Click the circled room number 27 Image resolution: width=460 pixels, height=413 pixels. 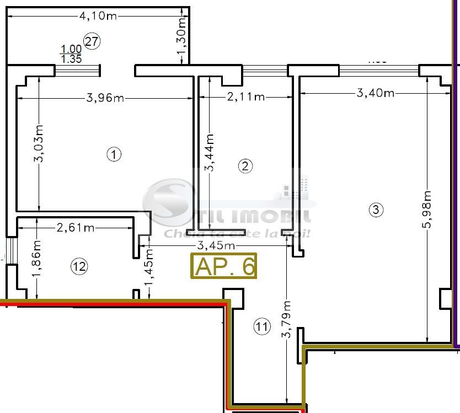tap(92, 40)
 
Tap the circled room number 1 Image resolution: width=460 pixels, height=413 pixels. tap(114, 154)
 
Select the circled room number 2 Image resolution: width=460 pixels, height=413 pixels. tap(245, 165)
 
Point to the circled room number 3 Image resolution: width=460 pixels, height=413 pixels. tap(376, 210)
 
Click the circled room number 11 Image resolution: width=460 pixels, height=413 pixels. tap(262, 327)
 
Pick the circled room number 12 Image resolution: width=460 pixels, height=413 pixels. tap(79, 267)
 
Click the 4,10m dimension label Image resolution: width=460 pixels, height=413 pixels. tap(98, 16)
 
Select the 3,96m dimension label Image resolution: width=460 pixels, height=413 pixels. tap(105, 98)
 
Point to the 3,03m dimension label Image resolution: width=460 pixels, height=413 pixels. tap(39, 143)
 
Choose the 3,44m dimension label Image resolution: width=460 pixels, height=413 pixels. tap(210, 153)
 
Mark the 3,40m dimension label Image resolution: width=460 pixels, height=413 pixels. tap(376, 93)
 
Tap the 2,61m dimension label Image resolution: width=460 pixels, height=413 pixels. tap(75, 227)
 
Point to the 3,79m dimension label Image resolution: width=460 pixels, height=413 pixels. tap(286, 320)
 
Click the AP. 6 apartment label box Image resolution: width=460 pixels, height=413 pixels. tap(224, 266)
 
